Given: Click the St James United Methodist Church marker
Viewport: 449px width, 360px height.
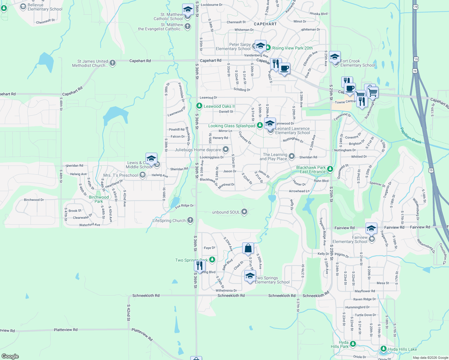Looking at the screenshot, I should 113,63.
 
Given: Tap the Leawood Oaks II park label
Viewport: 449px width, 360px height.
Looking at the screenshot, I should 219,106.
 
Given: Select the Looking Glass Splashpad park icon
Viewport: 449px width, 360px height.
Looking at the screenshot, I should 260,126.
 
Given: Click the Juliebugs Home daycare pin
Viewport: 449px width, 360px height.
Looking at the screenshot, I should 226,149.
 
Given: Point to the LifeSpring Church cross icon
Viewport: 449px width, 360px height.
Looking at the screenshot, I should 190,220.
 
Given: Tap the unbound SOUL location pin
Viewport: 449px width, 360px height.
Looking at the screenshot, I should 244,212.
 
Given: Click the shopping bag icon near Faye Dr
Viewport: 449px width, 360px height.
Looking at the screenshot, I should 248,249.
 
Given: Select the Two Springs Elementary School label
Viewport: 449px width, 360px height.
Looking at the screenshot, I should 272,280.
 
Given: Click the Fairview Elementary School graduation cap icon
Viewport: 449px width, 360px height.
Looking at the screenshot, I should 371,229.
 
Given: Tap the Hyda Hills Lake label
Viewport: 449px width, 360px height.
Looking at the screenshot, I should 402,349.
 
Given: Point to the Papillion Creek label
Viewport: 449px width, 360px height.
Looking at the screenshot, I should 411,135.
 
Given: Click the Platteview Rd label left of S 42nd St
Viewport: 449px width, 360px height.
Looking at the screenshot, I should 66,330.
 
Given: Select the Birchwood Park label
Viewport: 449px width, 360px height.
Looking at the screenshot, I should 99,199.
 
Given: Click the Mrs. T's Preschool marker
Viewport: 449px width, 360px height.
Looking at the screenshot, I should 143,175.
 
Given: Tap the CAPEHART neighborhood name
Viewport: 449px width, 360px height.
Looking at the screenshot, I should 265,24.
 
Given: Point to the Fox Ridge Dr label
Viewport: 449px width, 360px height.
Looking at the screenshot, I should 185,206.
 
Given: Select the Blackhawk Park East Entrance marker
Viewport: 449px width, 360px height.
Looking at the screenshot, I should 330,169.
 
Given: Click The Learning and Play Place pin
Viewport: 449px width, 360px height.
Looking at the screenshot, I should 292,156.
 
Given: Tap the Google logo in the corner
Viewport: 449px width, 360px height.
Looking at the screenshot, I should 10,356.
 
